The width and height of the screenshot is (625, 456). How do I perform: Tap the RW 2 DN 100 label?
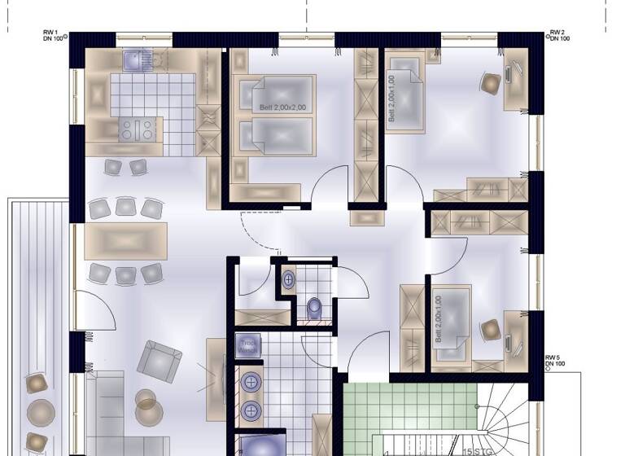[559, 36]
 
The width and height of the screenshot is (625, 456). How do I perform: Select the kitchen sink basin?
[133, 59]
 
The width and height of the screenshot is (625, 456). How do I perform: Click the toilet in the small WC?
[315, 308]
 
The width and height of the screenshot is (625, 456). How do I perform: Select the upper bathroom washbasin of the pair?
[251, 381]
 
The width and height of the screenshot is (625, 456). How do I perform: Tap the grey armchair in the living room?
[160, 361]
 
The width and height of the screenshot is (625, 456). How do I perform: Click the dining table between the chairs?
[125, 241]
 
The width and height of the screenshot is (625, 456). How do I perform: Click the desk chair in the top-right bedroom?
[492, 82]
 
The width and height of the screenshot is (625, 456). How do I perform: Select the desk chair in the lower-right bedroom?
[491, 330]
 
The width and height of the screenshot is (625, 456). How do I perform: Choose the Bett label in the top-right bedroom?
[392, 98]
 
